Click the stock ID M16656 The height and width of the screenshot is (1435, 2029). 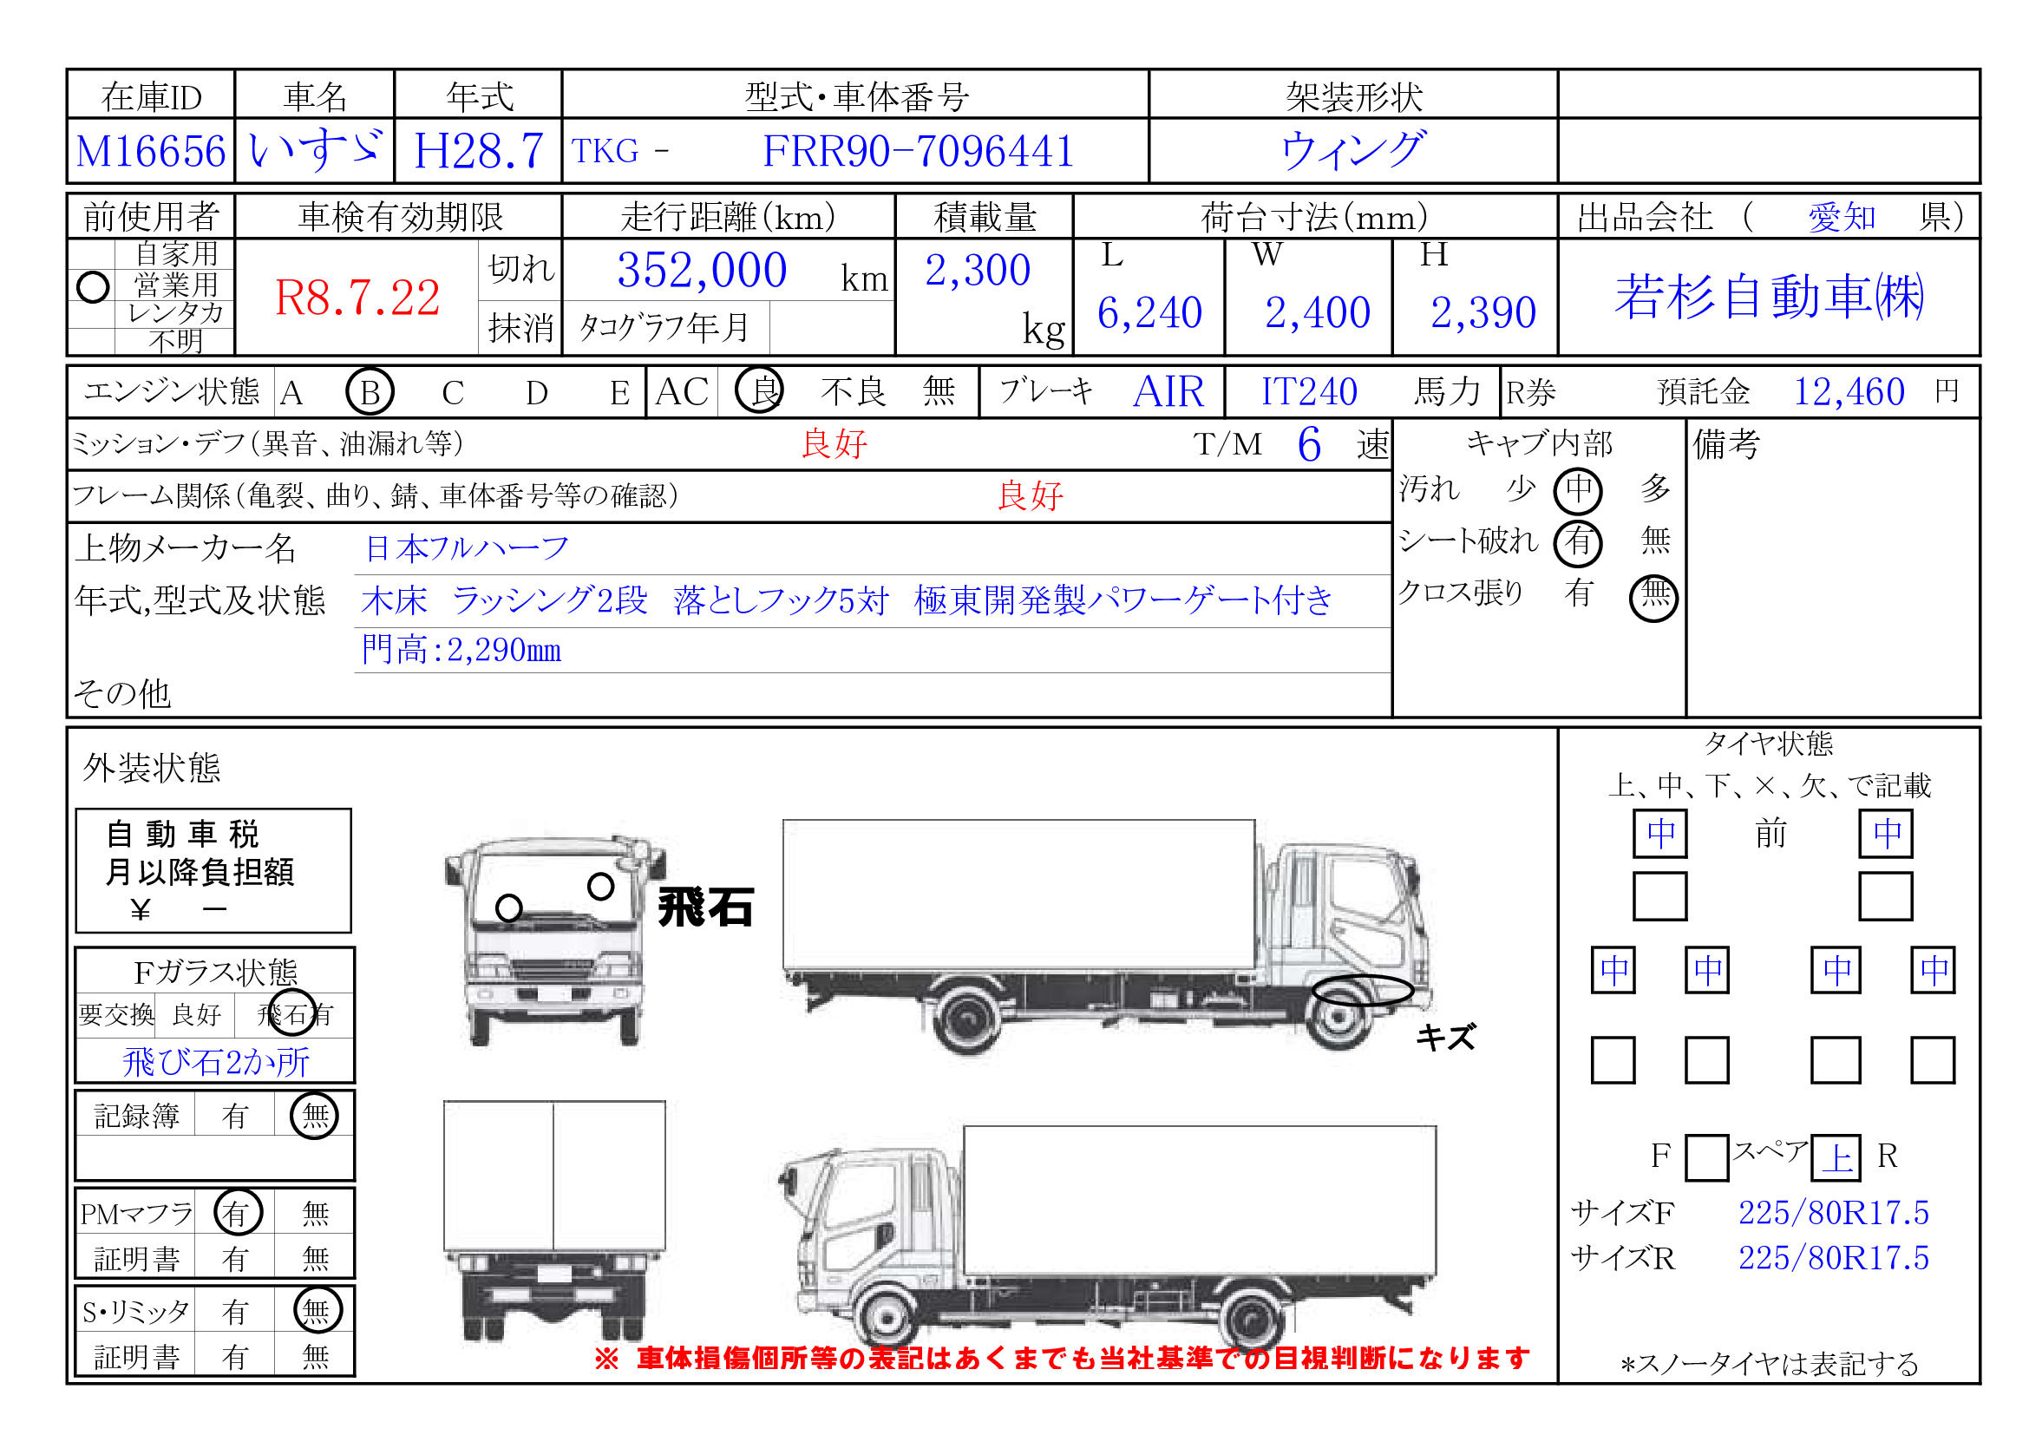pyautogui.click(x=151, y=151)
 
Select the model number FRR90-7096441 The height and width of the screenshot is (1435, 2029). pyautogui.click(x=918, y=151)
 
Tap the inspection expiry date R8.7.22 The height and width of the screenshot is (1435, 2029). pyautogui.click(x=357, y=298)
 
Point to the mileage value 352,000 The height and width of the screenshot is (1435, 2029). pyautogui.click(x=702, y=271)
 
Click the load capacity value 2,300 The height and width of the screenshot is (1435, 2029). pyautogui.click(x=978, y=271)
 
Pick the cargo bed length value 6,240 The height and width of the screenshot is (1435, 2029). pyautogui.click(x=1149, y=313)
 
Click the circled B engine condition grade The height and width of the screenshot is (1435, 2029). pyautogui.click(x=370, y=391)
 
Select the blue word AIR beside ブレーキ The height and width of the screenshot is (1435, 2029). pyautogui.click(x=1168, y=391)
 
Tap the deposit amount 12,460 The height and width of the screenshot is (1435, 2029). pyautogui.click(x=1849, y=391)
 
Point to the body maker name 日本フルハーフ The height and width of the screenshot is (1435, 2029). pyautogui.click(x=467, y=548)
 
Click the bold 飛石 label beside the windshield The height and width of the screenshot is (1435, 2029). pyautogui.click(x=705, y=908)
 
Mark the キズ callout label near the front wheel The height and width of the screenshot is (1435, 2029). pyautogui.click(x=1446, y=1037)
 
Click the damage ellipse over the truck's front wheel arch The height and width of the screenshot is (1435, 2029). pyautogui.click(x=1362, y=977)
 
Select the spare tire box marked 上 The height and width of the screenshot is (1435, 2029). pyautogui.click(x=1836, y=1157)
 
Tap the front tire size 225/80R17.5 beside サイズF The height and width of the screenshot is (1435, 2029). pyautogui.click(x=1833, y=1213)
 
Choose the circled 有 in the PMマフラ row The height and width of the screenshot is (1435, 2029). pyautogui.click(x=238, y=1212)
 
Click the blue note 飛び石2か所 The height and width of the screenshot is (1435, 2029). pyautogui.click(x=216, y=1062)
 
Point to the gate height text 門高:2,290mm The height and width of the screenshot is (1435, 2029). pyautogui.click(x=461, y=651)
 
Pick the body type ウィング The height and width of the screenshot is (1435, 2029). pyautogui.click(x=1353, y=150)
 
